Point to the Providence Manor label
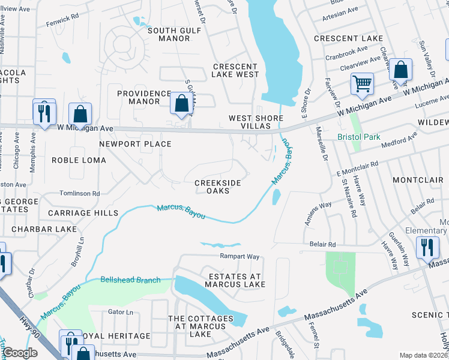pos(144,97)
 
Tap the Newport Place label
pos(135,144)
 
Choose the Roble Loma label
pos(79,160)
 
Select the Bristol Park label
pos(359,137)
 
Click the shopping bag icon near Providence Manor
pos(181,103)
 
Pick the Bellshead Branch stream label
pos(130,280)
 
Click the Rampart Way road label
pos(239,257)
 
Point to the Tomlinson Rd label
pos(79,193)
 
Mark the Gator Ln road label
pos(121,312)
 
